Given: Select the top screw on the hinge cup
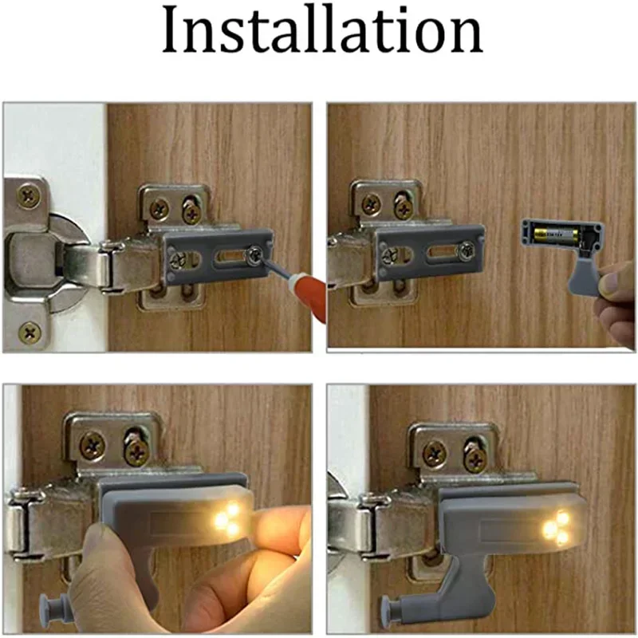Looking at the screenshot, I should click(x=30, y=195).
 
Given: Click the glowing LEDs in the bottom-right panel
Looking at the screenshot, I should click(x=556, y=529).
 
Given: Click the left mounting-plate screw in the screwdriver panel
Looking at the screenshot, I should click(x=159, y=209).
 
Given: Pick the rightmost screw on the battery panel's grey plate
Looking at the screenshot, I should click(x=465, y=250).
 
